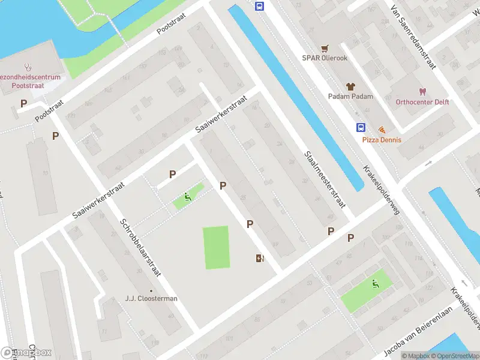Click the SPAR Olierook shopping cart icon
click(325, 48)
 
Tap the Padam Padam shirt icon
click(350, 86)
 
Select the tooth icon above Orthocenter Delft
click(422, 92)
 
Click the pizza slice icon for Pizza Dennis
click(382, 130)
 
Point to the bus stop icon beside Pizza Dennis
click(361, 127)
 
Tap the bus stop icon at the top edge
click(259, 7)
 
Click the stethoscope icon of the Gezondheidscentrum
click(28, 67)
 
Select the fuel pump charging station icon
click(259, 258)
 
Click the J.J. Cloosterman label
click(151, 298)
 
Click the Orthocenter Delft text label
click(422, 102)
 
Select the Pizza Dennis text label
click(382, 140)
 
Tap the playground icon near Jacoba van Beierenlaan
click(376, 284)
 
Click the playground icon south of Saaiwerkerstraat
click(188, 196)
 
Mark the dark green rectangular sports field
click(217, 247)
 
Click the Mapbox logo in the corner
click(25, 353)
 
